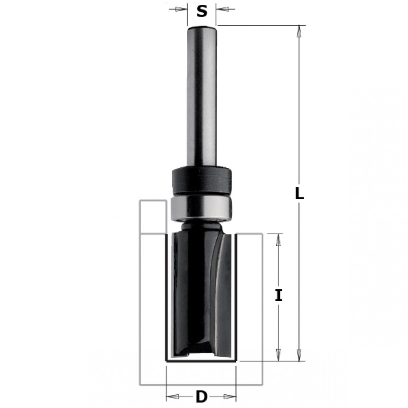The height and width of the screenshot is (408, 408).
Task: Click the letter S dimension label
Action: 202,11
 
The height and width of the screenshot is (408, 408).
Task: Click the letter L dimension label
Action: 299,194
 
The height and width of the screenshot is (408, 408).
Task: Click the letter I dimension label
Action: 278,296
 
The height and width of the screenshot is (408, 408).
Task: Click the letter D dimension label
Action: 202,397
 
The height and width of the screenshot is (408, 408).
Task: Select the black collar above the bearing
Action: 202,180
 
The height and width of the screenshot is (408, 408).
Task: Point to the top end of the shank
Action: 202,27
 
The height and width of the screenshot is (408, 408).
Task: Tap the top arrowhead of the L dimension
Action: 299,31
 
